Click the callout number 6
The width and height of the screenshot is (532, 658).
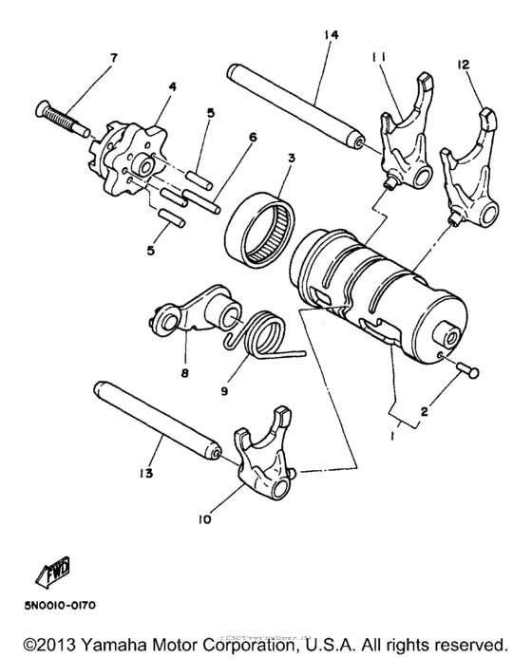253,137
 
